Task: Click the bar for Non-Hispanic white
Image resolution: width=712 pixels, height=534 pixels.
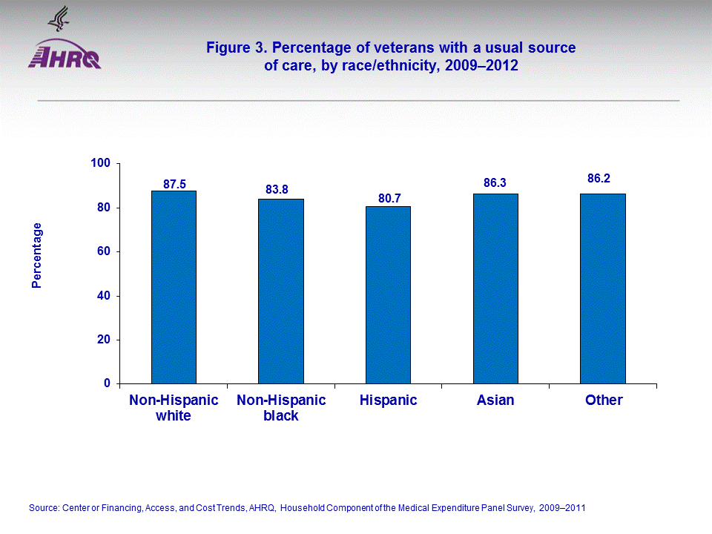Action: [174, 287]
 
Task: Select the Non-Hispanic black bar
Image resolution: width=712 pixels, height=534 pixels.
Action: [281, 291]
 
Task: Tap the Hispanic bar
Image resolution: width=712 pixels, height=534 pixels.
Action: [388, 294]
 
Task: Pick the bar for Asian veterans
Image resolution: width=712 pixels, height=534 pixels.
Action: [495, 289]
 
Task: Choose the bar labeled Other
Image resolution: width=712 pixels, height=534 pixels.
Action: [603, 289]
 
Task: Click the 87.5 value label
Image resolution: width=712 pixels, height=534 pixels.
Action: [174, 184]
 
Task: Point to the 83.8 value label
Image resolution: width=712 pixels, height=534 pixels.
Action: [277, 190]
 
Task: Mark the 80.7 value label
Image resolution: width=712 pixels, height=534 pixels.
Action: [384, 198]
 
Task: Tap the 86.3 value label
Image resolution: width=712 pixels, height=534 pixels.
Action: [495, 182]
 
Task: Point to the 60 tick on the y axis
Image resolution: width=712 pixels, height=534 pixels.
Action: [105, 251]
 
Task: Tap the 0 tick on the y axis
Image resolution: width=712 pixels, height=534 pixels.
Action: [108, 383]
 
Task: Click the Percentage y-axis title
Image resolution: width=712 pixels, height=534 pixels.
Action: [37, 255]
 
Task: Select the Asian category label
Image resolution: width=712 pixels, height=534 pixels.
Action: [495, 400]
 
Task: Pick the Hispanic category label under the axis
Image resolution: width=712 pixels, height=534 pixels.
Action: [388, 400]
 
